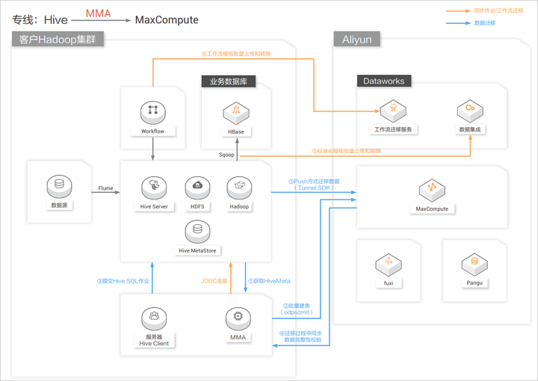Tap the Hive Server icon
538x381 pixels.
pos(154,187)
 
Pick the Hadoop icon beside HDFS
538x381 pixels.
pos(239,187)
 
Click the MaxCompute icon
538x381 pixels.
pos(432,188)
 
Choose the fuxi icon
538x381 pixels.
pos(389,262)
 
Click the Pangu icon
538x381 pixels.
pos(474,262)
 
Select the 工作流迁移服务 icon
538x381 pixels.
pos(389,111)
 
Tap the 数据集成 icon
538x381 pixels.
pos(471,111)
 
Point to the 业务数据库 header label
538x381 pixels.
pos(229,81)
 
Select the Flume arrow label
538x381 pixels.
pos(105,189)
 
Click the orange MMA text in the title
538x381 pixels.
pos(98,13)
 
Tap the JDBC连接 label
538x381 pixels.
pos(214,281)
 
